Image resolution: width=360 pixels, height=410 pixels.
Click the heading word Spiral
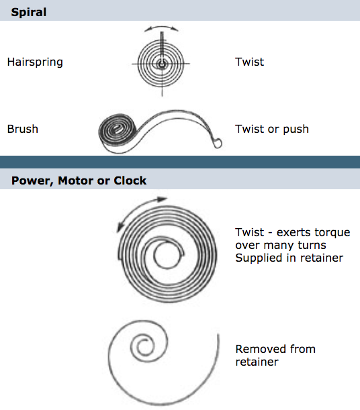click(x=29, y=13)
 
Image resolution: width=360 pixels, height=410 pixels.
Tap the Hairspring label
click(x=35, y=62)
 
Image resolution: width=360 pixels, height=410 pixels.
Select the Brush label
click(x=23, y=129)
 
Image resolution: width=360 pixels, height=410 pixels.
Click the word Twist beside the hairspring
click(x=250, y=62)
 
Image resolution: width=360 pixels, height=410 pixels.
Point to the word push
click(x=296, y=130)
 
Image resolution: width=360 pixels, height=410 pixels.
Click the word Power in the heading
click(x=33, y=181)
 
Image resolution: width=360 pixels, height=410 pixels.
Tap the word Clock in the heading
click(x=130, y=181)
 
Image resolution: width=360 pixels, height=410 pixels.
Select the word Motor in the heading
click(x=76, y=181)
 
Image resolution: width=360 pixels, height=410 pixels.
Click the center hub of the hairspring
click(x=163, y=64)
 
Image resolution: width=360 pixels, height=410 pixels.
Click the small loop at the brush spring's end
click(x=218, y=143)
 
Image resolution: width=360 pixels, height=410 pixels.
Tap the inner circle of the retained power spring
click(x=167, y=256)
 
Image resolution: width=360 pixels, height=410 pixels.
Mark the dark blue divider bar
click(x=180, y=162)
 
